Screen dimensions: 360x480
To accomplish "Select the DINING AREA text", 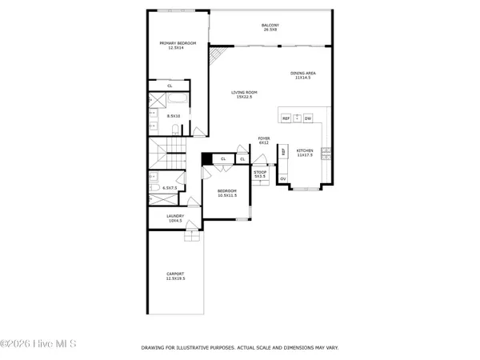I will (x=303, y=75).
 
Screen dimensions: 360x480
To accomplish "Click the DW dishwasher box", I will (x=307, y=118).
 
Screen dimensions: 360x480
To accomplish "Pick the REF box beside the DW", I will (x=286, y=118).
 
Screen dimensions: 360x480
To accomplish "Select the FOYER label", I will (x=263, y=140).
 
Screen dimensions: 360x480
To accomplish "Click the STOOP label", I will (x=260, y=174).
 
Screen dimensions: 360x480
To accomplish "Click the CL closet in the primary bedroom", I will (x=170, y=86).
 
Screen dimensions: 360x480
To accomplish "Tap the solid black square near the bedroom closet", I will (x=206, y=159).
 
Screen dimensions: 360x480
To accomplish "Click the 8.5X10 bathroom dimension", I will (x=173, y=115).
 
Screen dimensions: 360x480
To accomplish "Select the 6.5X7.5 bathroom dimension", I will (x=170, y=188).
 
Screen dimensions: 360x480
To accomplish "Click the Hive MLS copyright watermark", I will (x=38, y=345).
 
